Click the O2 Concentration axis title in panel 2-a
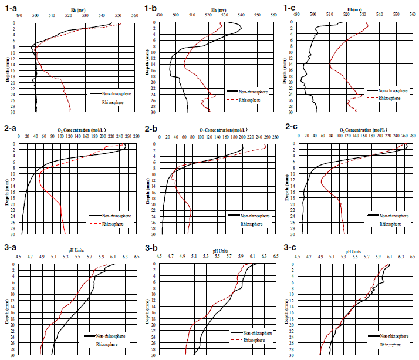pos(78,129)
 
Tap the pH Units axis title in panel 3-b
pos(221,250)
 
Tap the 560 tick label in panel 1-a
pos(135,16)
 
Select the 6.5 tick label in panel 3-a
pos(136,257)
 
